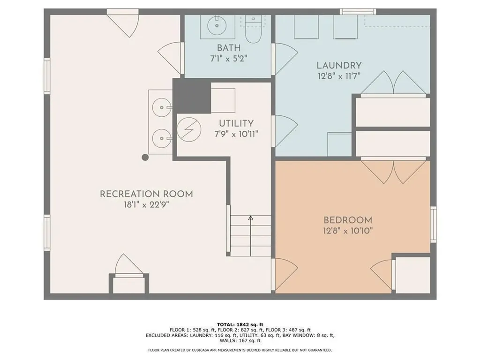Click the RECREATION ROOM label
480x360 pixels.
pos(146,194)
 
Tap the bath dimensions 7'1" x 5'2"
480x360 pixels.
pos(228,59)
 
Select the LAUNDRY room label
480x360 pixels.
pos(338,66)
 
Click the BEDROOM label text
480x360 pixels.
pos(348,220)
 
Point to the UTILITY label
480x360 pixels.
pos(236,123)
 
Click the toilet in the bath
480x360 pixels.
pos(253,29)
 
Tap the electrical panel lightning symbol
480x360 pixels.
pos(189,129)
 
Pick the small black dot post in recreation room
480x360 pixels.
pos(145,157)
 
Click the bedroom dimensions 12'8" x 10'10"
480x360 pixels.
pos(348,230)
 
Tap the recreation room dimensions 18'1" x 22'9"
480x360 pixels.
pos(146,204)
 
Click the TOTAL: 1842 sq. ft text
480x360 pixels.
pos(240,324)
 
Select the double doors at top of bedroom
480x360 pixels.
pos(393,171)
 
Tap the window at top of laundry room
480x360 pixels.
pos(358,12)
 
